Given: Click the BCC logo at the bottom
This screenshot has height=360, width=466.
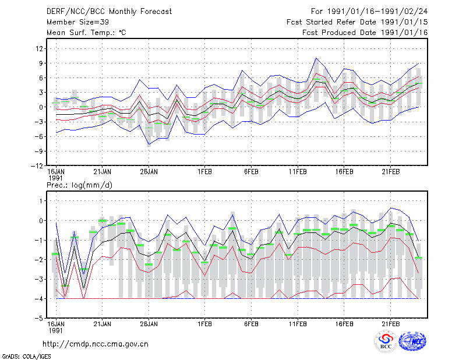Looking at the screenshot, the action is tap(386, 341).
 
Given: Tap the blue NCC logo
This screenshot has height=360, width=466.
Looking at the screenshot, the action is tap(412, 341).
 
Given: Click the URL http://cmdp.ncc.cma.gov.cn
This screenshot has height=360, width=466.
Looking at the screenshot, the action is tap(96, 344).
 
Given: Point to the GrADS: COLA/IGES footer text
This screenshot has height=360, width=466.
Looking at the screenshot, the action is tap(26, 357).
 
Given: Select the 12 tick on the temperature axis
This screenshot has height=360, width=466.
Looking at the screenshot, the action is tap(40, 48).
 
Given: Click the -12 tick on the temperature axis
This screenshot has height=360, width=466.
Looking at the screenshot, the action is tap(37, 165).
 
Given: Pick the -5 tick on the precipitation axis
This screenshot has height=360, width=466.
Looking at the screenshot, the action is tap(39, 318).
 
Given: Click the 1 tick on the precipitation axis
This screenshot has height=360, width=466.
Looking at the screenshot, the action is tap(41, 201).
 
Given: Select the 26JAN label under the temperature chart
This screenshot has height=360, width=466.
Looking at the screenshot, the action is tap(149, 172).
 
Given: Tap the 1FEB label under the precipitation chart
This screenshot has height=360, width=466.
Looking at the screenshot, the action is tap(205, 324).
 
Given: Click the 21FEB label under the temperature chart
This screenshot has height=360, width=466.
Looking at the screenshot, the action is tap(391, 172).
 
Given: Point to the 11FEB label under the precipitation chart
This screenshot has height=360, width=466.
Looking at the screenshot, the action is tap(298, 324).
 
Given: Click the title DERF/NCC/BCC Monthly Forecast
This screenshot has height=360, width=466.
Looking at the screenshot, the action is tap(109, 12).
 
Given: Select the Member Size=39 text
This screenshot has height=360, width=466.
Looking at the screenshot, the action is tap(77, 22).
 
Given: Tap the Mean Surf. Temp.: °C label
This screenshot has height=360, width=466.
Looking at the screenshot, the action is tap(86, 33).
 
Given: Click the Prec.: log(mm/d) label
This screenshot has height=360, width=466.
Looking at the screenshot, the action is tap(79, 185).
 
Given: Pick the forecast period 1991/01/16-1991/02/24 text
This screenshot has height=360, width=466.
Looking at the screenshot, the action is tap(377, 12).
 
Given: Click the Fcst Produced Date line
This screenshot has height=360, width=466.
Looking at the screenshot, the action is tap(365, 33).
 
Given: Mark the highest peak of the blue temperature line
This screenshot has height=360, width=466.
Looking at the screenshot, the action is tap(316, 58).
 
